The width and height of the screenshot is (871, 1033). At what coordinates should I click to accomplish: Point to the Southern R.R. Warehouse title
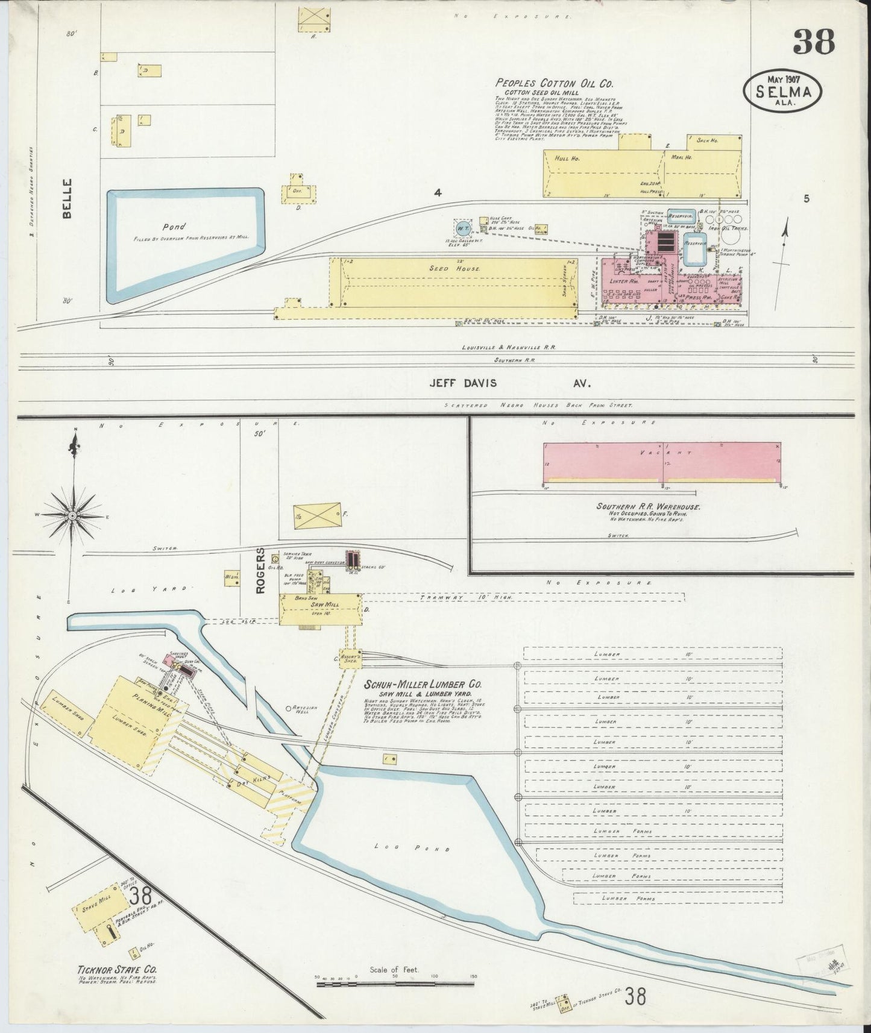pyautogui.click(x=648, y=506)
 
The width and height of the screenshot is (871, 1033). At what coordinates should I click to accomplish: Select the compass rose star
pyautogui.click(x=73, y=516)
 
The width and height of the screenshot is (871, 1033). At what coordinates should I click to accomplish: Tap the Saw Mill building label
pyautogui.click(x=326, y=604)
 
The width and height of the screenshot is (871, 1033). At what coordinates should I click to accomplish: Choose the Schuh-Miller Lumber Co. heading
pyautogui.click(x=431, y=685)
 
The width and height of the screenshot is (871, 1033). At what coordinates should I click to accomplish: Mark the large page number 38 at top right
pyautogui.click(x=814, y=43)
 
